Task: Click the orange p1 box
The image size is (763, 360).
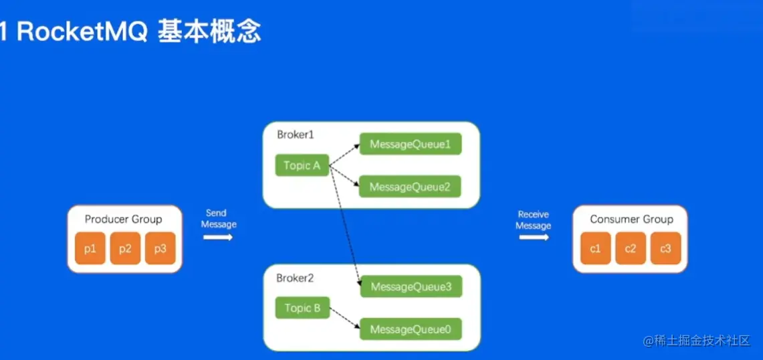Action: [90, 249]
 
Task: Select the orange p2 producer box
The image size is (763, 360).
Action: [125, 249]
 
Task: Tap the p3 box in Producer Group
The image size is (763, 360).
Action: [160, 249]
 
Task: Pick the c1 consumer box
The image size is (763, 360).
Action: [595, 249]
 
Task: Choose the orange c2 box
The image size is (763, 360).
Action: [631, 249]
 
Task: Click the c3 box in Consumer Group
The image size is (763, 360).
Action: [665, 249]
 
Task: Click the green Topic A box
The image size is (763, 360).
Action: [302, 165]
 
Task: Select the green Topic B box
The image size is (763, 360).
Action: [302, 308]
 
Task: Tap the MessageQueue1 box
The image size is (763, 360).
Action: [411, 144]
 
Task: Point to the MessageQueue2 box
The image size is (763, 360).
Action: [411, 187]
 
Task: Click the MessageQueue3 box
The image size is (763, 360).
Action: [411, 287]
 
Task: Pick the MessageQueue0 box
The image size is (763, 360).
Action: [411, 329]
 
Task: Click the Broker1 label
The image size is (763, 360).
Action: [296, 134]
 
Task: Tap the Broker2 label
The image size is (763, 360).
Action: [296, 278]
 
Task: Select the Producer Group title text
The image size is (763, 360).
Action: [124, 219]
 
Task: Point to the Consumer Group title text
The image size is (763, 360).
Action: [631, 219]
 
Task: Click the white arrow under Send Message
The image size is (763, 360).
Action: [218, 237]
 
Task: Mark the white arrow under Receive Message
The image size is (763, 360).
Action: [534, 237]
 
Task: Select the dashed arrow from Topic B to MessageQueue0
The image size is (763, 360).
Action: [344, 320]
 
